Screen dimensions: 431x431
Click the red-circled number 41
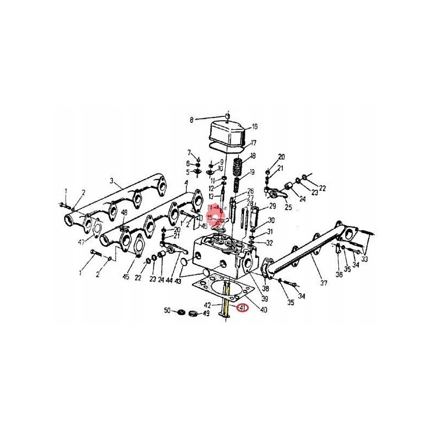242,309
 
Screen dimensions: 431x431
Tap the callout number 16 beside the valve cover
254,127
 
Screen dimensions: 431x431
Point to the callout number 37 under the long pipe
324,283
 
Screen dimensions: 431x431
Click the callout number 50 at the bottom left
167,311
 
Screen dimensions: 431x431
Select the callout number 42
207,305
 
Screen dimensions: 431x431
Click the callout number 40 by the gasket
263,309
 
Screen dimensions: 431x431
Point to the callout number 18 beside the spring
253,156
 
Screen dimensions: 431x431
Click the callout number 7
189,152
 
